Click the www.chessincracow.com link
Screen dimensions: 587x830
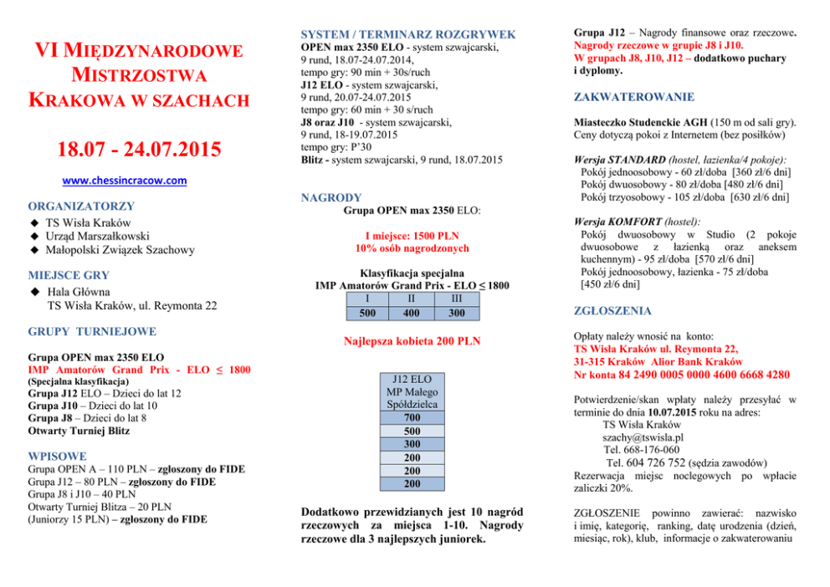(x=126, y=181)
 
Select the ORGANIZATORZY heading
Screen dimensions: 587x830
(x=81, y=206)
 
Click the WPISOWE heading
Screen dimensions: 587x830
(x=57, y=457)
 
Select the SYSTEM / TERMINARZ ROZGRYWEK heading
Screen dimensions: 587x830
(x=408, y=34)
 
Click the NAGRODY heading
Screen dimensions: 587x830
(x=330, y=198)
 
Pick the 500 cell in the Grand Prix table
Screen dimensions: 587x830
(x=366, y=314)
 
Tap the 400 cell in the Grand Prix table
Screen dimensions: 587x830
(x=412, y=314)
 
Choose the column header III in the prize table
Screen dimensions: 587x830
(x=457, y=299)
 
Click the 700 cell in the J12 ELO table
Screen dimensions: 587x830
(x=412, y=418)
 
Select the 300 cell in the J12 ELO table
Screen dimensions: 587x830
(x=412, y=444)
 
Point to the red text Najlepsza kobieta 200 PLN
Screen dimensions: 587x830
(x=412, y=341)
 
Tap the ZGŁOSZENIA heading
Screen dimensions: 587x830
(x=612, y=311)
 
